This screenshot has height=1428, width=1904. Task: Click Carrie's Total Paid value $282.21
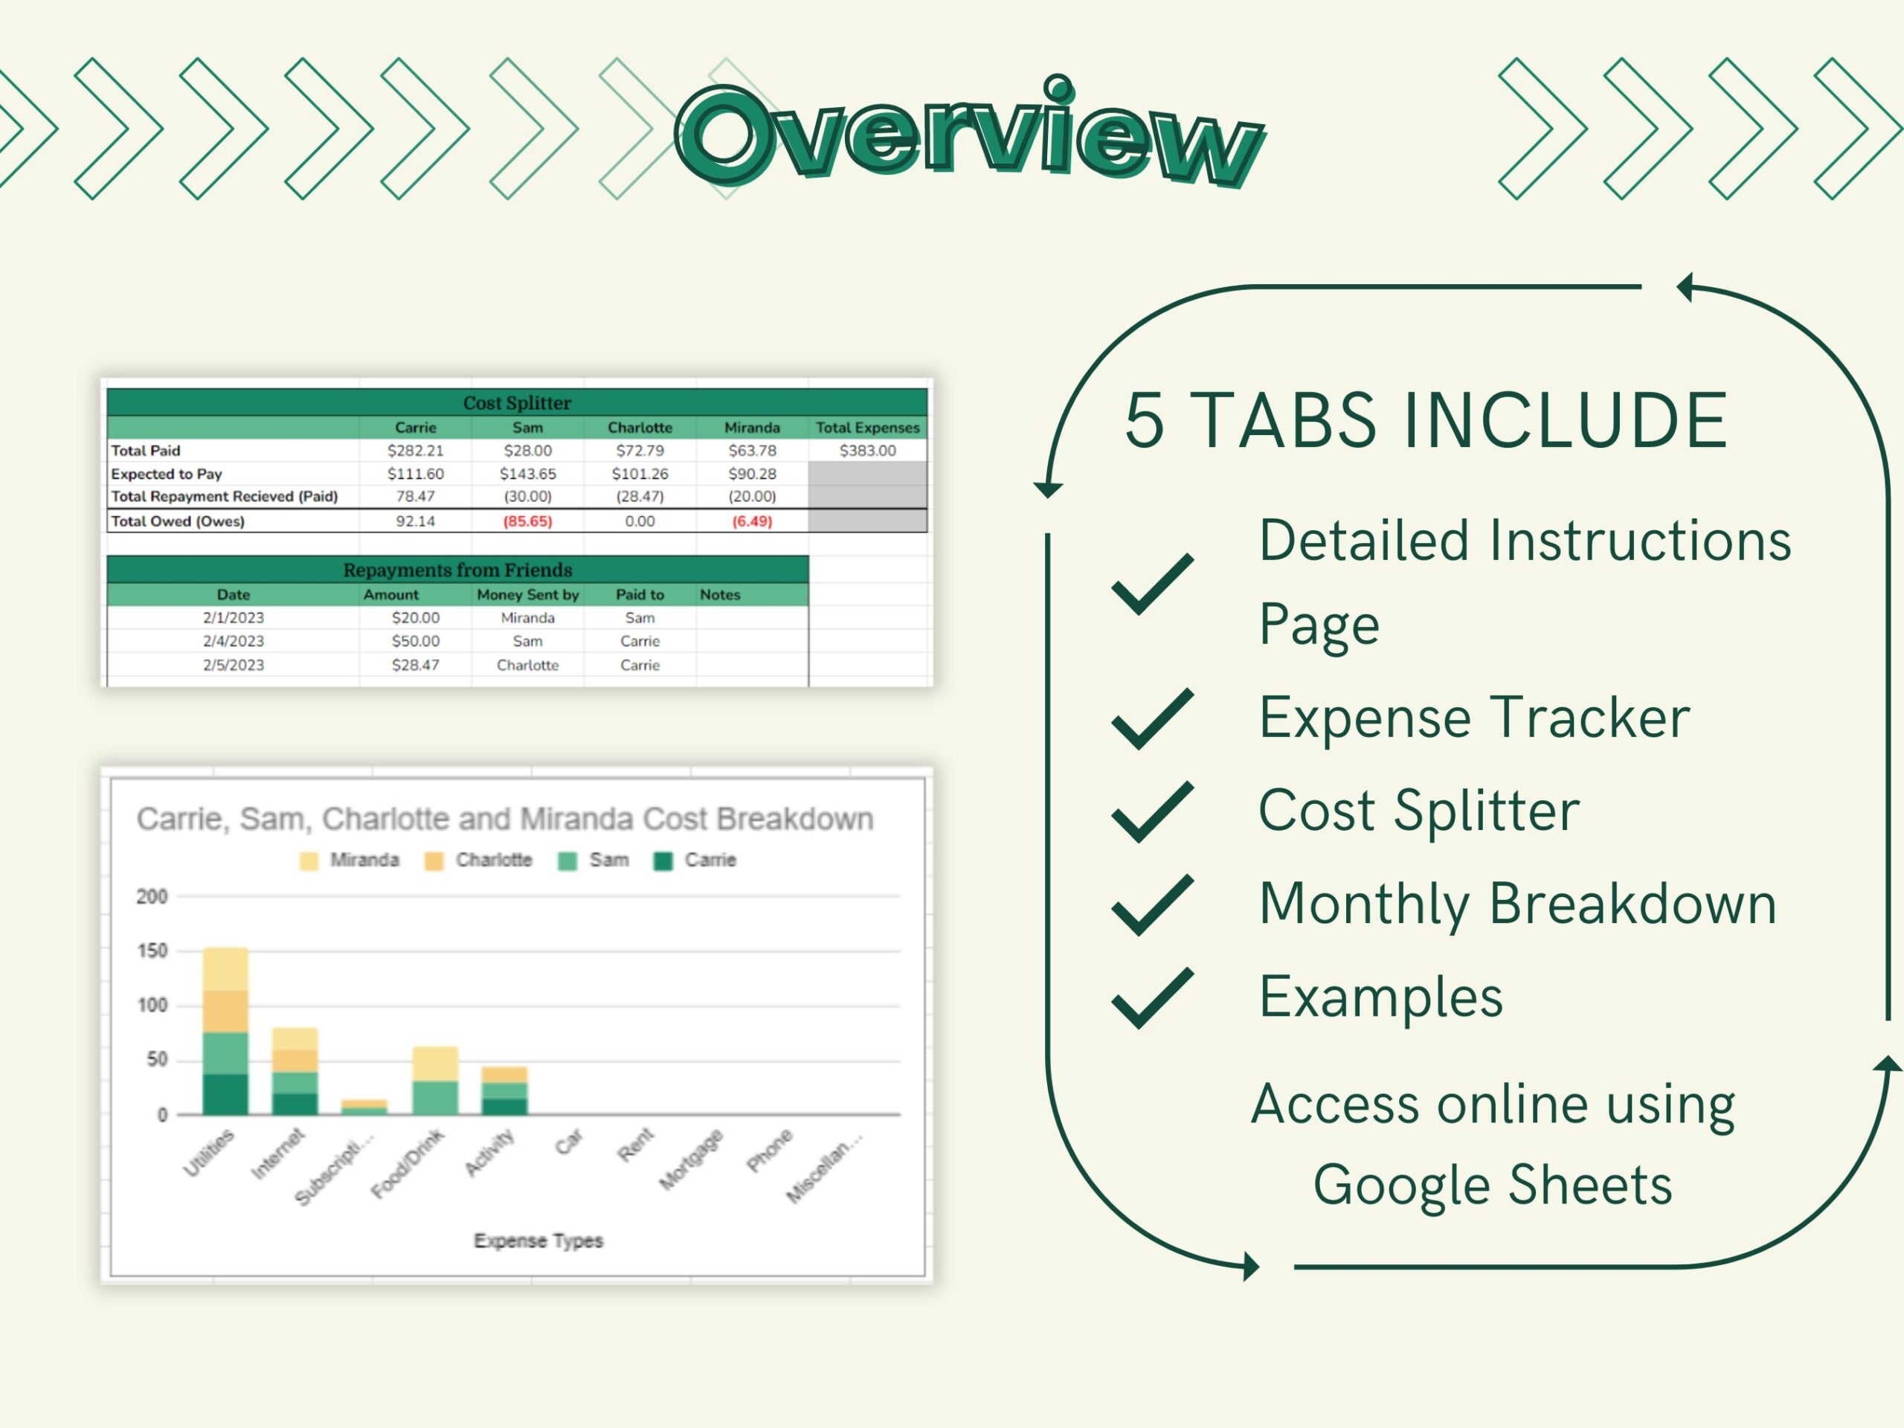[x=415, y=450]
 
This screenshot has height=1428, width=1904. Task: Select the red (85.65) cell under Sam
[x=527, y=521]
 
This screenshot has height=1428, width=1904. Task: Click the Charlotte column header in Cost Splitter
[x=640, y=427]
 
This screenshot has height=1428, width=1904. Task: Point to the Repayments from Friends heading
[x=457, y=570]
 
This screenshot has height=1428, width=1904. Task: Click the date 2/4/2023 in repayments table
[x=234, y=640]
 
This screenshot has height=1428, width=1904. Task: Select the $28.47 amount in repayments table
[x=415, y=664]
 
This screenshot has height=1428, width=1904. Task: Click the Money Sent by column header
[x=527, y=594]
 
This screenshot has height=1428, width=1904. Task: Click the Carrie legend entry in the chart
[x=695, y=860]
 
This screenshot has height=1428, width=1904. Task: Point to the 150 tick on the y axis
[x=152, y=951]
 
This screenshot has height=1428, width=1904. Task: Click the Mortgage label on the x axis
[x=692, y=1160]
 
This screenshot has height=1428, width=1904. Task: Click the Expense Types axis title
[x=538, y=1241]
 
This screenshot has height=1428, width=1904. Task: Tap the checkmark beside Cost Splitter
[x=1151, y=811]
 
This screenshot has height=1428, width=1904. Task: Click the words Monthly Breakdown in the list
[x=1517, y=903]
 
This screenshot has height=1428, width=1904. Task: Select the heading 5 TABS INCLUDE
[x=1426, y=420]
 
